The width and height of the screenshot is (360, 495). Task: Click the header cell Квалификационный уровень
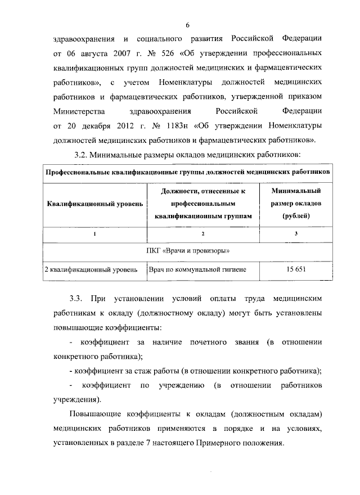[x=95, y=203]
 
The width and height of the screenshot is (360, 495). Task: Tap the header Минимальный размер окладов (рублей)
[x=296, y=203]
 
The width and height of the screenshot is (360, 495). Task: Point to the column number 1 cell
[x=95, y=233]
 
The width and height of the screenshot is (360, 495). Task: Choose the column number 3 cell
[x=296, y=233]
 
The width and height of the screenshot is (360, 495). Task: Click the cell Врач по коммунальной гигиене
[x=197, y=269]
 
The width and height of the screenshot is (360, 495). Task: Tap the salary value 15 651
[x=296, y=269]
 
